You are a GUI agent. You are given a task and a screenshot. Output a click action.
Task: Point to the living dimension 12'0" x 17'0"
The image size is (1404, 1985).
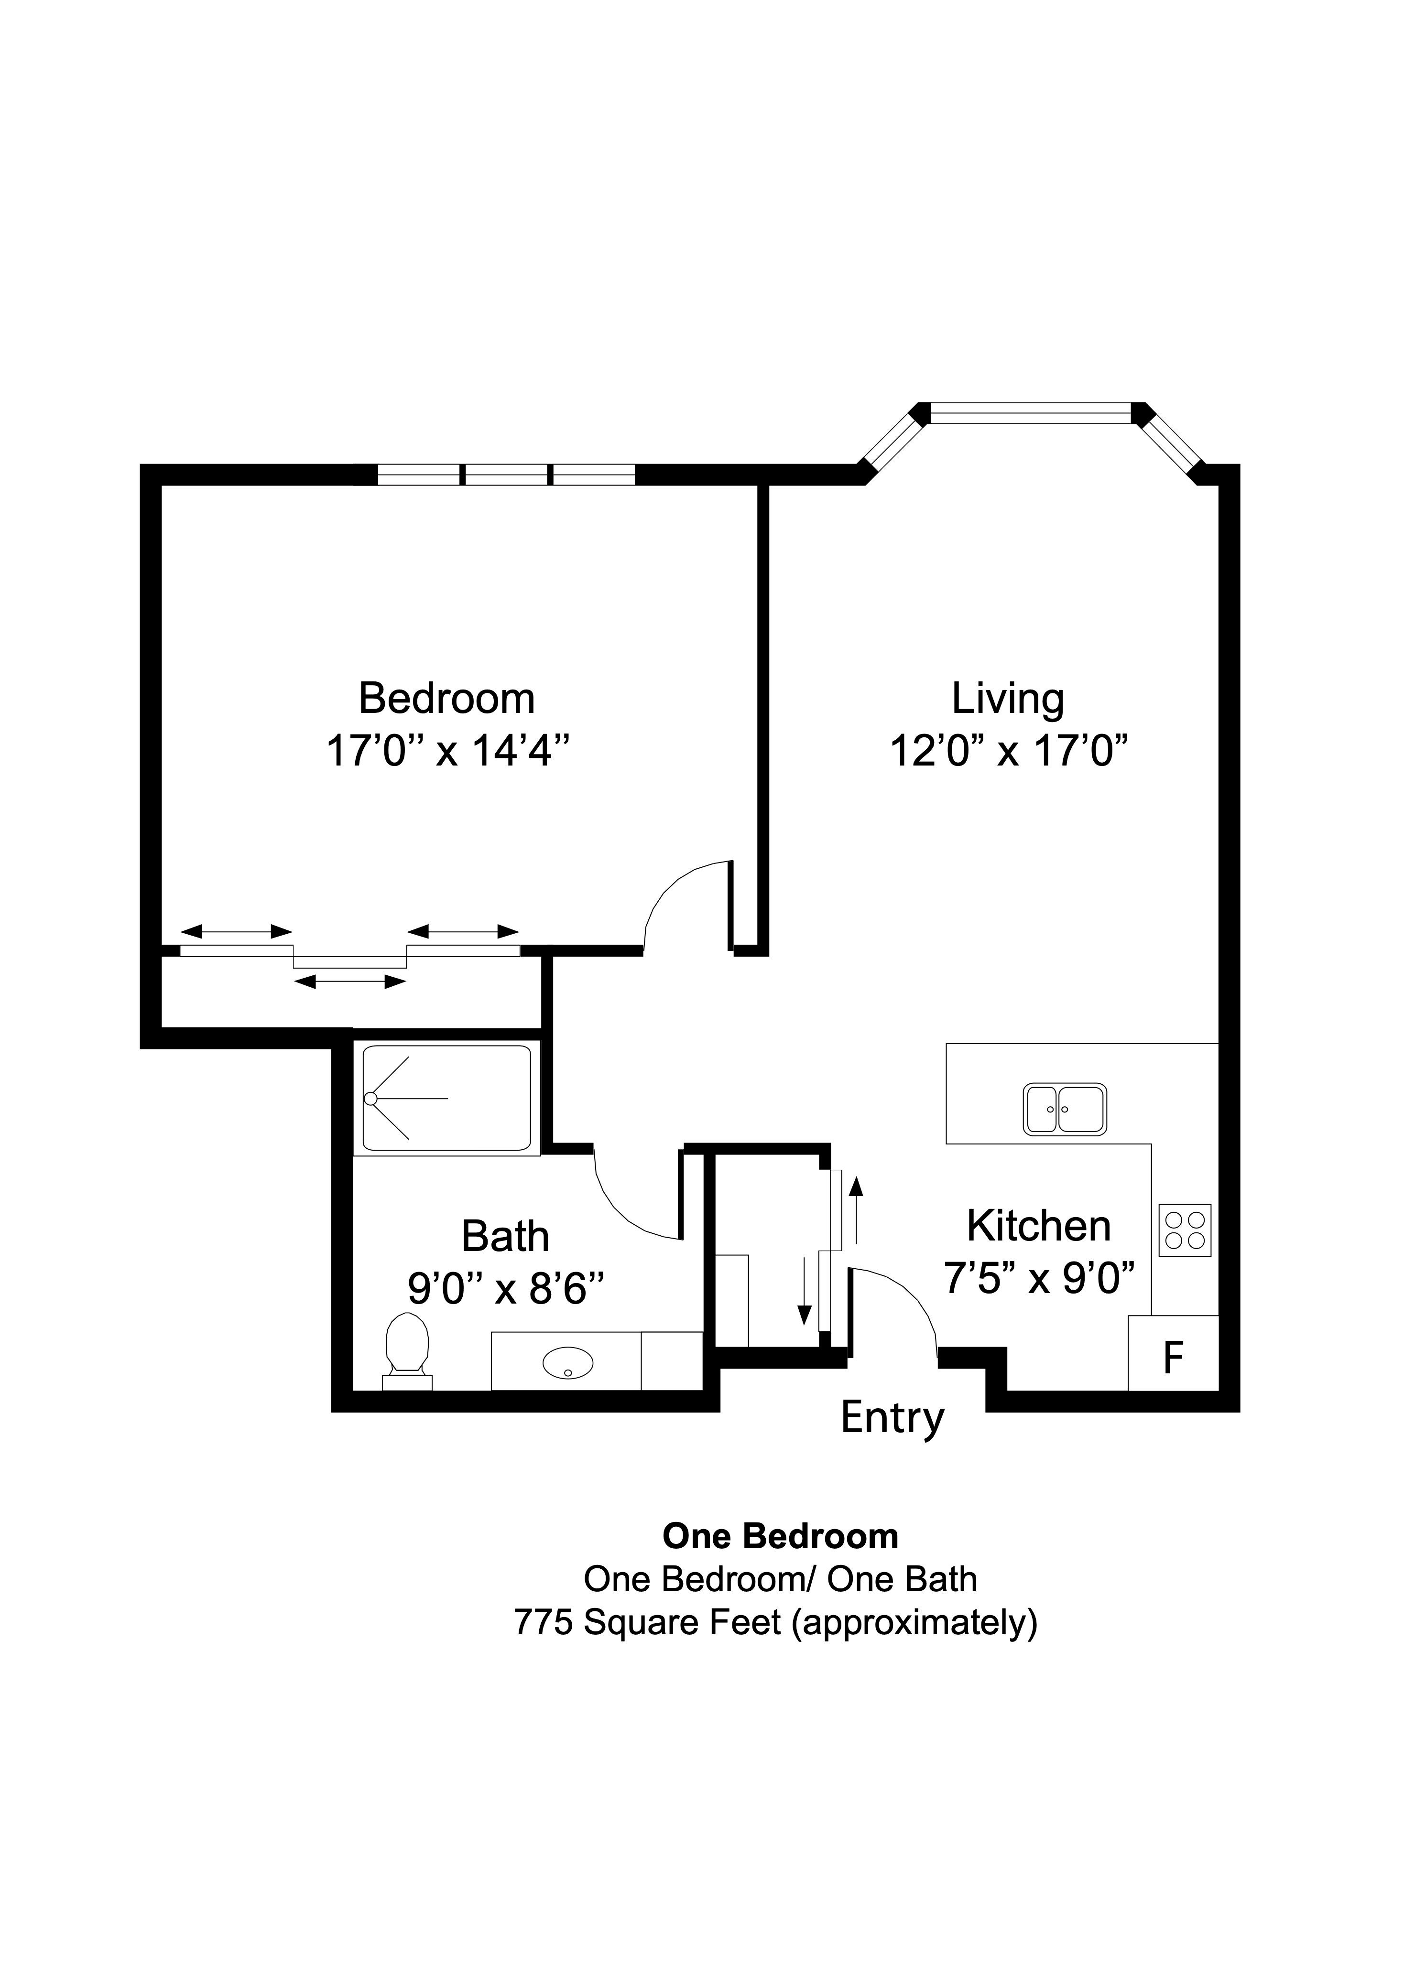click(1010, 750)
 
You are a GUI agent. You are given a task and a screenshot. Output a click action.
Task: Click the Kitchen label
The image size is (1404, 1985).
click(1038, 1226)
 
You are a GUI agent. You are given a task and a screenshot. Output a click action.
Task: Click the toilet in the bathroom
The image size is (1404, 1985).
click(407, 1349)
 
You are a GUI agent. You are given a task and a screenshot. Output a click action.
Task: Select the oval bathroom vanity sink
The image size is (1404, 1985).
click(568, 1363)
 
